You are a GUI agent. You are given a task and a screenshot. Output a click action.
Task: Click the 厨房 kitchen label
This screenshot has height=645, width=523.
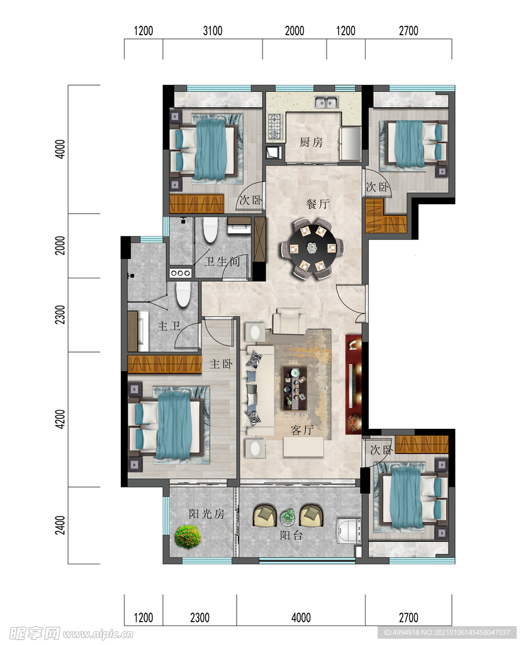coord(311,142)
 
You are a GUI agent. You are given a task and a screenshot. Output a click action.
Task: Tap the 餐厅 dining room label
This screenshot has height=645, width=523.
coord(318,203)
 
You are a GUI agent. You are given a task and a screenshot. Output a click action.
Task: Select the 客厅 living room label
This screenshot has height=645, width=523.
coord(302,430)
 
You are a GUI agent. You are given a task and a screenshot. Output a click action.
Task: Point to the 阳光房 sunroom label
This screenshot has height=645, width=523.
coord(206,514)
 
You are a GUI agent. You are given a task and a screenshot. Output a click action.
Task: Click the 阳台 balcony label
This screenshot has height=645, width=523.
coord(291,535)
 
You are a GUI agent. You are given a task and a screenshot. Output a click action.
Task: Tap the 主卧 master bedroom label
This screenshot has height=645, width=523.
coord(221,364)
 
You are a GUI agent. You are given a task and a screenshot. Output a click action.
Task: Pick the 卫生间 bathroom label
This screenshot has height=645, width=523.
coord(222,261)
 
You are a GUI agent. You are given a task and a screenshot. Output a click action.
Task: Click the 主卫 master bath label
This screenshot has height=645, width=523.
coord(169,326)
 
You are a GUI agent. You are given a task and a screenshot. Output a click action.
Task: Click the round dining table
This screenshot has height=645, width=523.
coord(313,248)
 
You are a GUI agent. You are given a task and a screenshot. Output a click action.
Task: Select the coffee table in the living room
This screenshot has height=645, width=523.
coord(295,388)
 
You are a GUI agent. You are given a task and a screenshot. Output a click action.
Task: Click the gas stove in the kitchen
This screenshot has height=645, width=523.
coord(274,126)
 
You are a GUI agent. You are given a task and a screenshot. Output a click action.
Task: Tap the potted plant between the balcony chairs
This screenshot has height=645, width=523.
coord(288,517)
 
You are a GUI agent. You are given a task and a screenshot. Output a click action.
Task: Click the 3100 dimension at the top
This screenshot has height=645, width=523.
coord(213,31)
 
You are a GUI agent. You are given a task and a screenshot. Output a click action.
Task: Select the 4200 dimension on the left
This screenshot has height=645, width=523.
coord(60,419)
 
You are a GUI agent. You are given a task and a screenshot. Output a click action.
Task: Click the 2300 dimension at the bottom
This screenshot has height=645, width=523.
coord(200,617)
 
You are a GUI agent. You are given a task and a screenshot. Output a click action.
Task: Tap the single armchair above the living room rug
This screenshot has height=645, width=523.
coord(289,321)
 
